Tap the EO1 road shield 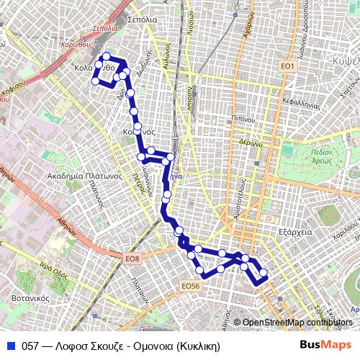coord(288,66)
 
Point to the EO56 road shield coord(189,286)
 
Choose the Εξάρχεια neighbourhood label coord(294,233)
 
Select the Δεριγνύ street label coord(250,143)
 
